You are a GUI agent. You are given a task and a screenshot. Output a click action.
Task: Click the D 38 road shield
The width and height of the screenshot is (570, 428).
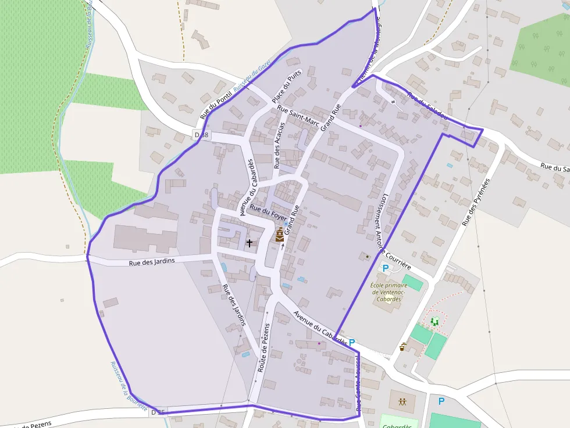[201, 135]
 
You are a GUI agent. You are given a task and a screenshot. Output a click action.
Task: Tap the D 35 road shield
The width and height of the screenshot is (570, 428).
[158, 412]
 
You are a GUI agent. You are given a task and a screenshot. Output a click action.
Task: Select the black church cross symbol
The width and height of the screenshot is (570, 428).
[250, 243]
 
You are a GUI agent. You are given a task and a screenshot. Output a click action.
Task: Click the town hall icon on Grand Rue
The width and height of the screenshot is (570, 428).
[280, 235]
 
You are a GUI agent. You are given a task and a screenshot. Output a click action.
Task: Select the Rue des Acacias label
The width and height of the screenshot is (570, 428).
[280, 145]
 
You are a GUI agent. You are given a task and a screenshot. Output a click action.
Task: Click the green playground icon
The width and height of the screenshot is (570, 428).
[434, 321]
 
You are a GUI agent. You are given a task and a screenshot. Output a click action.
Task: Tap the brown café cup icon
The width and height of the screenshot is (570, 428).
[402, 347]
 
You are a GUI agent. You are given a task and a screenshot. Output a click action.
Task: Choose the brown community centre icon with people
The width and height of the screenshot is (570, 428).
[402, 401]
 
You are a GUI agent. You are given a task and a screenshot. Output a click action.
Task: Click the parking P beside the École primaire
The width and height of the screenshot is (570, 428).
[384, 268]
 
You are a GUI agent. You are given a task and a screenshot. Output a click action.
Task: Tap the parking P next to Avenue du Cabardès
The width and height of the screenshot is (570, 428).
[352, 343]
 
